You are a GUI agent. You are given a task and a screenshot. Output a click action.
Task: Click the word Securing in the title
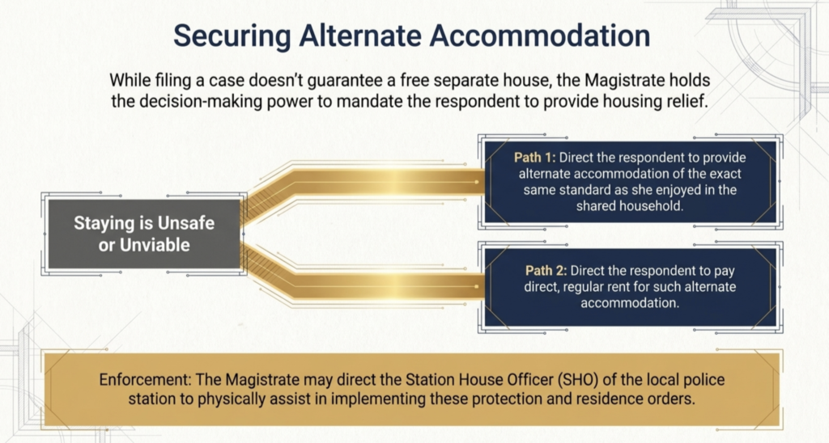coord(232,36)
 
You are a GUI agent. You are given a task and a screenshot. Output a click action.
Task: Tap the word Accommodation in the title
coord(540,36)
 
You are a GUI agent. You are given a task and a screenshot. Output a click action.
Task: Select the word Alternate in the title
coord(360,36)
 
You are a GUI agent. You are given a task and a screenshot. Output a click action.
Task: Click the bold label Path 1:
coord(535,158)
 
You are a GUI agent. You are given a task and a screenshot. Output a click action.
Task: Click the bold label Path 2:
coord(546,271)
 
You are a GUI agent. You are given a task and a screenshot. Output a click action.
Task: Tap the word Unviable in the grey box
coord(155,245)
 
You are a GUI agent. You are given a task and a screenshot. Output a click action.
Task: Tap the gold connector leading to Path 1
coord(365,182)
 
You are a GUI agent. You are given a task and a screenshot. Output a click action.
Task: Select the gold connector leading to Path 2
coord(365,285)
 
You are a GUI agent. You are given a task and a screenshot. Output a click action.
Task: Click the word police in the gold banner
coord(703,380)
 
